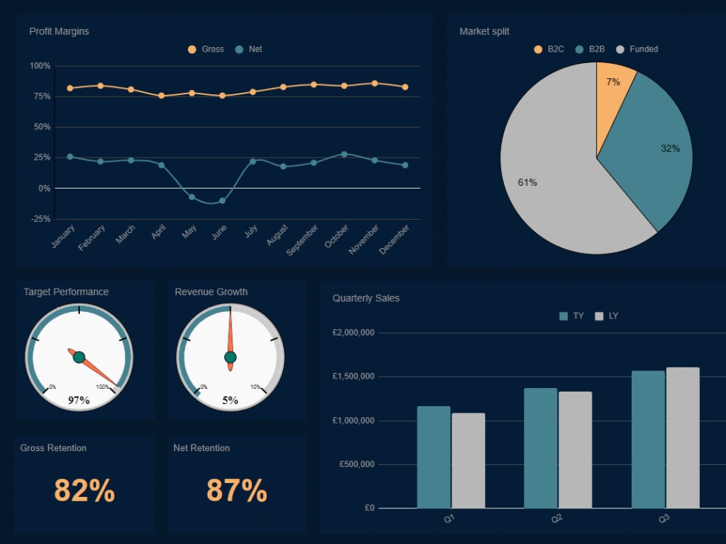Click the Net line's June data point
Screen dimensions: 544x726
(222, 201)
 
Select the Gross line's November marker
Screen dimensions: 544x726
(375, 83)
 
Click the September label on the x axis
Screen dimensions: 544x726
(302, 240)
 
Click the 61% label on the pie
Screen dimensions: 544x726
(527, 183)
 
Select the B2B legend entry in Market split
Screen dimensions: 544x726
(590, 49)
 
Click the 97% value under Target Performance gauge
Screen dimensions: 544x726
(78, 400)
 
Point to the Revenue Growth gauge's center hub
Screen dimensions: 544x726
(230, 357)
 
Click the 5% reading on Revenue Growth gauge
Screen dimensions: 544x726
(230, 400)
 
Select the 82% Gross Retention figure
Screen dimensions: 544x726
(84, 491)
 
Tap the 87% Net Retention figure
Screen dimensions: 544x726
(237, 491)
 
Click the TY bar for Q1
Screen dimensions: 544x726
(433, 457)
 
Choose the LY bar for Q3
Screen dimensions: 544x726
(682, 438)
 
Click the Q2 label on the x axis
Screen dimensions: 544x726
(557, 519)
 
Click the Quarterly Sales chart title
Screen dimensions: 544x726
(366, 298)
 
